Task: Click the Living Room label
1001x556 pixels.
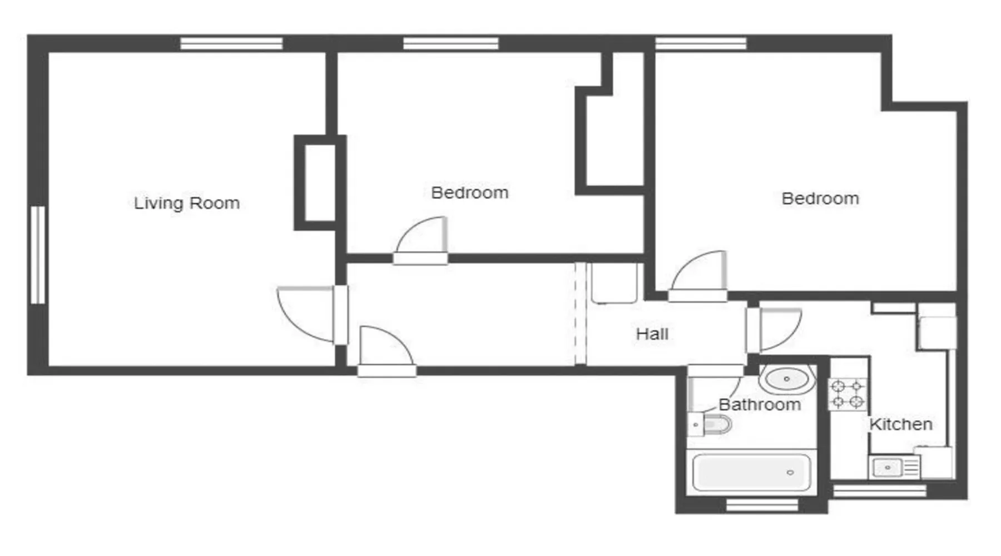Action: [x=187, y=203]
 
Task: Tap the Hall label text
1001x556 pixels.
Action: [x=652, y=334]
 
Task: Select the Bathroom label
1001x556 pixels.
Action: [x=760, y=404]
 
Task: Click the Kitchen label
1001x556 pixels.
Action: [x=901, y=424]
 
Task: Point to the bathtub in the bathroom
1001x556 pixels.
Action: [x=752, y=472]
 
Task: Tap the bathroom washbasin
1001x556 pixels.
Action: [x=787, y=379]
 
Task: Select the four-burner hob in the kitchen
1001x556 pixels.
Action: [x=848, y=394]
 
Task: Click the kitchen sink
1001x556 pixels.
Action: [x=894, y=467]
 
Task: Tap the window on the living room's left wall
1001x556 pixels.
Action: [x=37, y=255]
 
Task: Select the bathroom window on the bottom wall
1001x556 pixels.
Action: [x=762, y=505]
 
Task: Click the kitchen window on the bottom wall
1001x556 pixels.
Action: [x=879, y=490]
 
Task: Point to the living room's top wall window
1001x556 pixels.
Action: [x=231, y=43]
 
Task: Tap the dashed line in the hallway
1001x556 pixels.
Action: [x=581, y=314]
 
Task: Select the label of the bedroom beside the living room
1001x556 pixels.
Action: [x=470, y=193]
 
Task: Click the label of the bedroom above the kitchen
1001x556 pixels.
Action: [x=820, y=198]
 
